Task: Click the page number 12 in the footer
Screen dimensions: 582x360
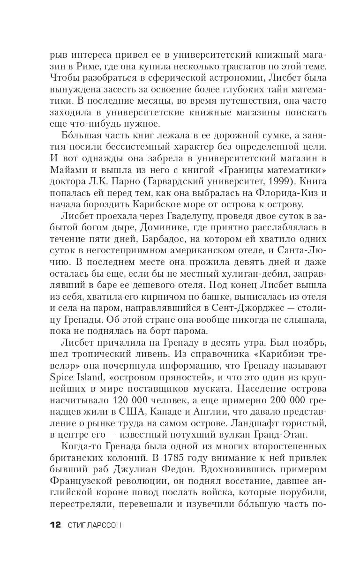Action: (55, 525)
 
